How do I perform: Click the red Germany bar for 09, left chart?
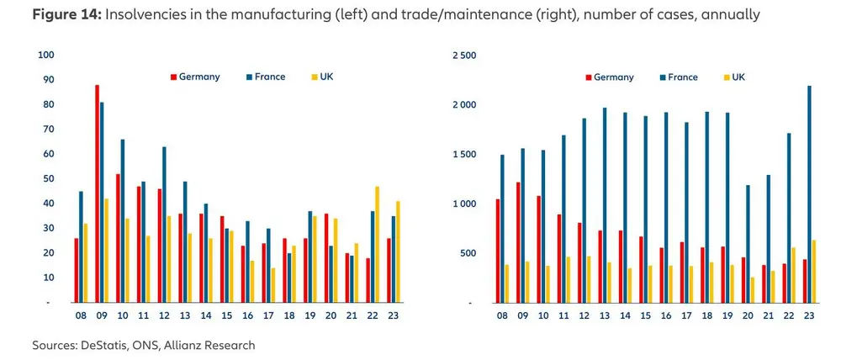98,193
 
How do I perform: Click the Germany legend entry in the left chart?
195,77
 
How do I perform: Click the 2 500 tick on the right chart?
463,56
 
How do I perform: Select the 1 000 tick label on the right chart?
463,204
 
